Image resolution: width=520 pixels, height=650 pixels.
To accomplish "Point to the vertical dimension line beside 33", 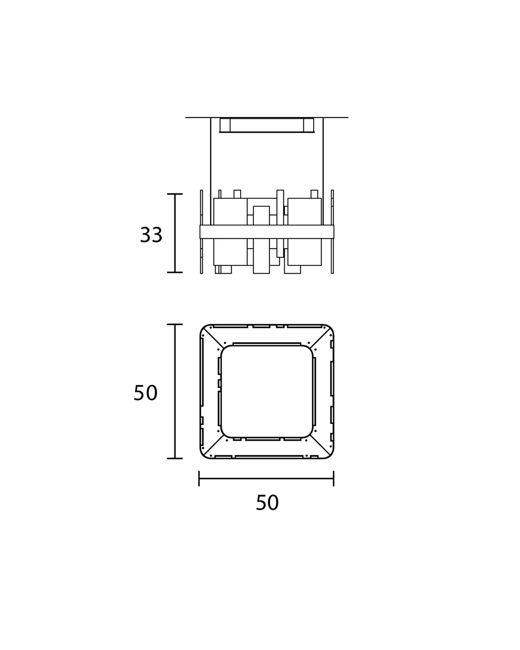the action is coord(175,233).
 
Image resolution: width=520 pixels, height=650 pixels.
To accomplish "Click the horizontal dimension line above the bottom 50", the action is coord(266,478).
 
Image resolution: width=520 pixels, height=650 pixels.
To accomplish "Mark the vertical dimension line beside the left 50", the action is coord(175,391).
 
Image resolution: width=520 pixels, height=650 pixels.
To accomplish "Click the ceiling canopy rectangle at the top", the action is coord(267,125).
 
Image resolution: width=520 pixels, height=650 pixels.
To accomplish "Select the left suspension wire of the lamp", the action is coord(211,171).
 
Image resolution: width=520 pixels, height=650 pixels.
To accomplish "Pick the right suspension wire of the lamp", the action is coord(323,171).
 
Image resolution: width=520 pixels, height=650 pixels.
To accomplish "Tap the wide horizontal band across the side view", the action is coord(267,232).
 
